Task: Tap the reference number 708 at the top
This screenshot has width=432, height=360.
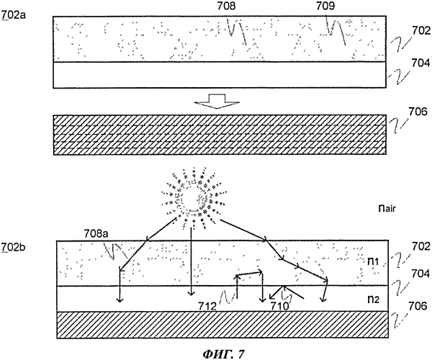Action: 226,6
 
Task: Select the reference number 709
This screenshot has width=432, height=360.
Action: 325,6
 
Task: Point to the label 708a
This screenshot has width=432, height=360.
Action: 96,234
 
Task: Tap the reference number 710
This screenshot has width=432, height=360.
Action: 279,305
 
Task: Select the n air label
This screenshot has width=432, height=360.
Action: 387,208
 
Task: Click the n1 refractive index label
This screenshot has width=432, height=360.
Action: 373,261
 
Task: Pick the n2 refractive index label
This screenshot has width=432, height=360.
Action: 374,299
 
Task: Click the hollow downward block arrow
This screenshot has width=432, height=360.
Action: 217,102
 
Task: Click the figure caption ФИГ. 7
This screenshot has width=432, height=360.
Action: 223,354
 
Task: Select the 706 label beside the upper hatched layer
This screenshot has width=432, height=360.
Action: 418,112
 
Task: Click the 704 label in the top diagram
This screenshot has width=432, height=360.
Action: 420,63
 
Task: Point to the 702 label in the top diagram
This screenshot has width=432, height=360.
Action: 421,30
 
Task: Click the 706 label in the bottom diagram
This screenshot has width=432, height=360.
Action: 420,306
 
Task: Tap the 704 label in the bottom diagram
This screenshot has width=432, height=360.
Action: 420,274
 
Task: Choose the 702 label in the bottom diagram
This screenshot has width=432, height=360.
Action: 420,246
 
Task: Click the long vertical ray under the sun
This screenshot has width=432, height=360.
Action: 191,262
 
